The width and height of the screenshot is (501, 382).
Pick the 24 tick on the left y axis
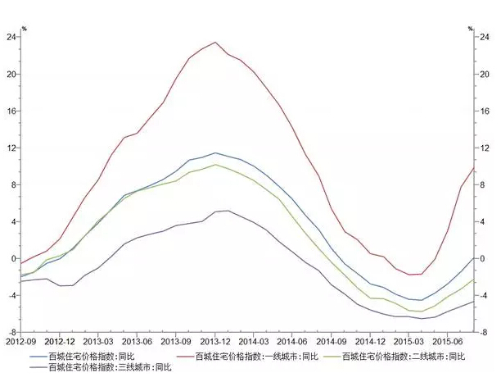11,37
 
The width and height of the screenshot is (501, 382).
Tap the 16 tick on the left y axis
11,111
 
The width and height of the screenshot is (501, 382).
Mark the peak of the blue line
215,152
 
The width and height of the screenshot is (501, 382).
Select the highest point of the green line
214,164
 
